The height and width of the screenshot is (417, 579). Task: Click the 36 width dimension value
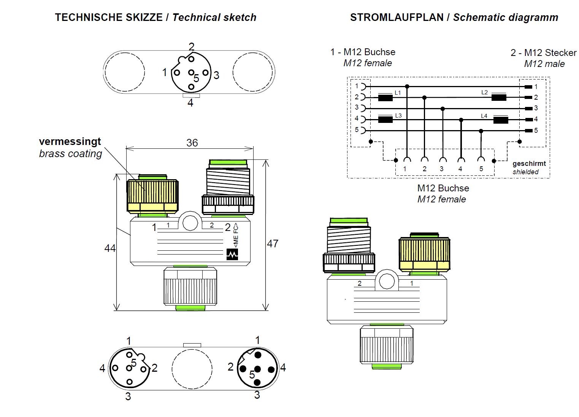pyautogui.click(x=192, y=143)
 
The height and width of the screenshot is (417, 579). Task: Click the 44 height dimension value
pyautogui.click(x=110, y=248)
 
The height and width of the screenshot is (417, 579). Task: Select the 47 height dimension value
pyautogui.click(x=273, y=244)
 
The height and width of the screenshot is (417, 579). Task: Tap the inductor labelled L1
pyautogui.click(x=385, y=98)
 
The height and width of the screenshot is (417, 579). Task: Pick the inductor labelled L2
pyautogui.click(x=499, y=97)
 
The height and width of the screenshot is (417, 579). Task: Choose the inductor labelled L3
pyautogui.click(x=385, y=120)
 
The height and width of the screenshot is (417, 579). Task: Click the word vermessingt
pyautogui.click(x=70, y=142)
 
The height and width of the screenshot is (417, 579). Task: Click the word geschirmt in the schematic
pyautogui.click(x=529, y=164)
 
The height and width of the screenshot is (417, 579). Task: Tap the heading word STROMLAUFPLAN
pyautogui.click(x=397, y=18)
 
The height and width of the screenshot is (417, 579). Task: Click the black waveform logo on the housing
pyautogui.click(x=232, y=254)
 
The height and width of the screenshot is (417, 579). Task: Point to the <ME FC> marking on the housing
pyautogui.click(x=236, y=236)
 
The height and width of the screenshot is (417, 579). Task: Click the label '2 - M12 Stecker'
pyautogui.click(x=543, y=53)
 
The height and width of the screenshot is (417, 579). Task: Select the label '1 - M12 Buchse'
pyautogui.click(x=363, y=52)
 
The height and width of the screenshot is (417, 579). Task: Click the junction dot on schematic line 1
pyautogui.click(x=407, y=86)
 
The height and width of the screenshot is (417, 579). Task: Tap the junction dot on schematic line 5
pyautogui.click(x=481, y=131)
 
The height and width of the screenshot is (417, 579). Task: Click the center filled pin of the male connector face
pyautogui.click(x=257, y=369)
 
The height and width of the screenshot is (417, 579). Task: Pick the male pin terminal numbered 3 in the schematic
pyautogui.click(x=528, y=108)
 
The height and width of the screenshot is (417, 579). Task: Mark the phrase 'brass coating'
pyautogui.click(x=71, y=154)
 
